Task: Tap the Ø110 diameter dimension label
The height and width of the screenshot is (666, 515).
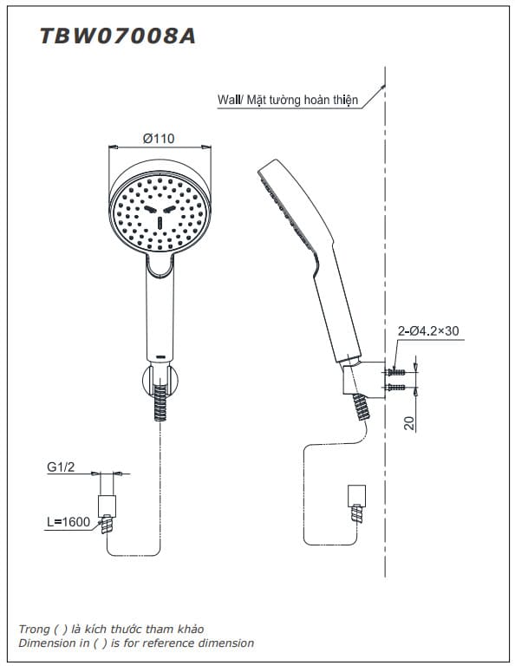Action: click(x=159, y=139)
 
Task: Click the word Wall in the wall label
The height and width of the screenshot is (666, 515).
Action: click(x=229, y=101)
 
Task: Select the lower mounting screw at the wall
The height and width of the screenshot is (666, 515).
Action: click(x=396, y=386)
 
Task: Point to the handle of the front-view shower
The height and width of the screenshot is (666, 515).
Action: click(x=161, y=312)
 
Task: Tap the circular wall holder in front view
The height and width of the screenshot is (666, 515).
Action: click(x=160, y=382)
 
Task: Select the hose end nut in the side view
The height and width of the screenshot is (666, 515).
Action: click(x=356, y=496)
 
